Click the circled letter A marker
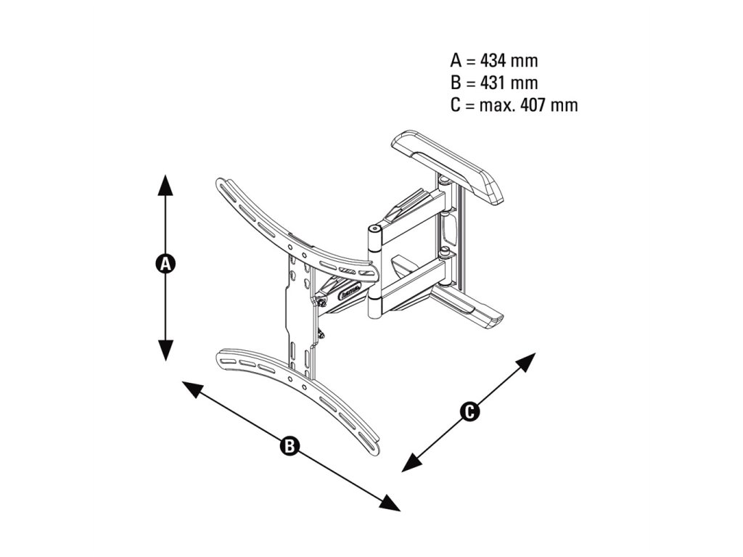coord(166,263)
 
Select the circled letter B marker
coord(290,445)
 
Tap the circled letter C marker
coord(469,412)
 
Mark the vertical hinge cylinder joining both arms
coord(374,268)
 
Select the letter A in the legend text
coord(456,60)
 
